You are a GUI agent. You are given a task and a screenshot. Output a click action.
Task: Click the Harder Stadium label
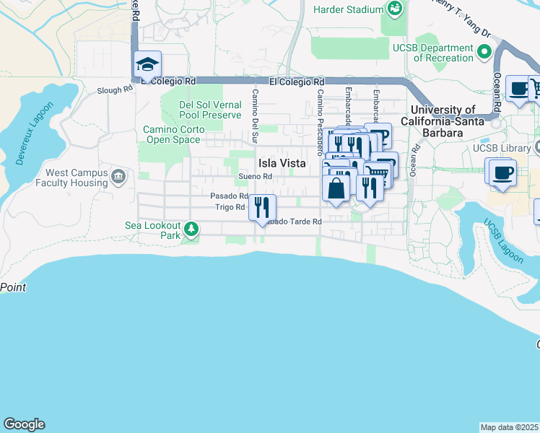tap(347, 9)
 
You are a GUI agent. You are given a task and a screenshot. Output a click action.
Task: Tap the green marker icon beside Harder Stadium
tap(394, 9)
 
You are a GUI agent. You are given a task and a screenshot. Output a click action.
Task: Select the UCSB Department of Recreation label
tap(432, 53)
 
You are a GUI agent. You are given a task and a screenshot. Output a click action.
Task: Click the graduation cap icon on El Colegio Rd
tap(147, 64)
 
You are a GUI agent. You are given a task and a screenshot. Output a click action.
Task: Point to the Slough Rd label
tap(116, 90)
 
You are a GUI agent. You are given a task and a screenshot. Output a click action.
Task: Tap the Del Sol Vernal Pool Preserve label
tap(210, 110)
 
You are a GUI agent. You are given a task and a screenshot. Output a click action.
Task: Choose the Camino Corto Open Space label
tap(173, 134)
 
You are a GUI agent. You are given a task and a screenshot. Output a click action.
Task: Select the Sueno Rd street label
tap(256, 177)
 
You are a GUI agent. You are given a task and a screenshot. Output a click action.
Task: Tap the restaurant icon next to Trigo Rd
tap(262, 206)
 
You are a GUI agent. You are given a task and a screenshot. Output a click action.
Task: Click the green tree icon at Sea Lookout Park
tap(191, 230)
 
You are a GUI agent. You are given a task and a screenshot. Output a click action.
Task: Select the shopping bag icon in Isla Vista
tap(336, 188)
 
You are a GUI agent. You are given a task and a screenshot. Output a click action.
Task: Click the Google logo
tap(24, 424)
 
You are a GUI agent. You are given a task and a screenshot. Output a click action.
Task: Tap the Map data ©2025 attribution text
tap(510, 427)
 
